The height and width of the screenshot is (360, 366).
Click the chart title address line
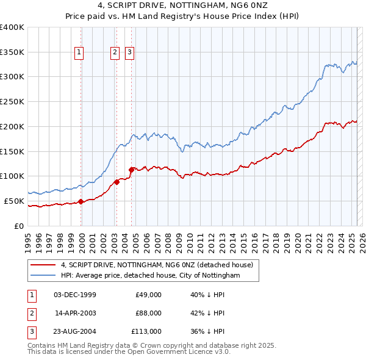pyautogui.click(x=182, y=5)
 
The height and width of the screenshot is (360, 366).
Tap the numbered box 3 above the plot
pyautogui.click(x=130, y=53)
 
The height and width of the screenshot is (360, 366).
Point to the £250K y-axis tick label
pyautogui.click(x=12, y=101)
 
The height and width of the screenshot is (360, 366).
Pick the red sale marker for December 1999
pyautogui.click(x=81, y=201)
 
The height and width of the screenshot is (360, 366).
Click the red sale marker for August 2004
pyautogui.click(x=132, y=170)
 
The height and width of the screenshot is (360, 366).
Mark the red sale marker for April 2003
pyautogui.click(x=117, y=182)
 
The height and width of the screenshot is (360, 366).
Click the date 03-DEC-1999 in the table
pyautogui.click(x=75, y=295)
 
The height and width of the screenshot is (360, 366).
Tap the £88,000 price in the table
pyautogui.click(x=148, y=313)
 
